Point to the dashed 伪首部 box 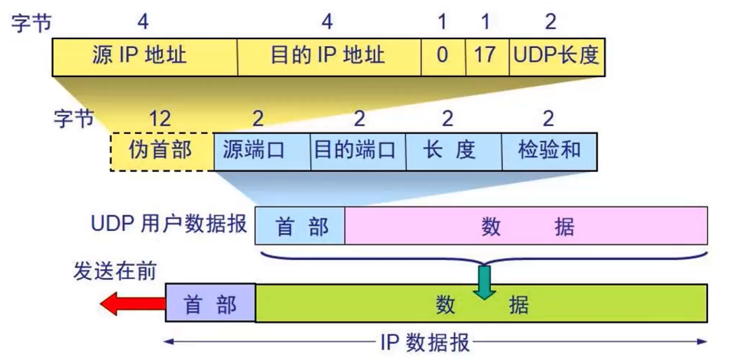point(162,151)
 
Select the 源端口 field point(262,151)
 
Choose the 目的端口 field point(358,151)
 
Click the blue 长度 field point(453,151)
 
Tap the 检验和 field point(549,151)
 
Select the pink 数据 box point(526,226)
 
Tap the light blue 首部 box point(300,226)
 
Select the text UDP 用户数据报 point(169,226)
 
